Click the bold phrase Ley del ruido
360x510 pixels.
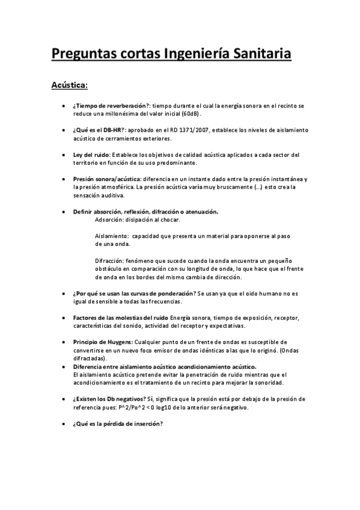(x=92, y=155)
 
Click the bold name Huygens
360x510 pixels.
(x=114, y=342)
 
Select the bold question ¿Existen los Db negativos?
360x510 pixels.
(x=112, y=399)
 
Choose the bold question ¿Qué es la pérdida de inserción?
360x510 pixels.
(x=118, y=423)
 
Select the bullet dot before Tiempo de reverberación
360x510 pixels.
(x=64, y=105)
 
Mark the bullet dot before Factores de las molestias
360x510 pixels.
(x=64, y=317)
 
